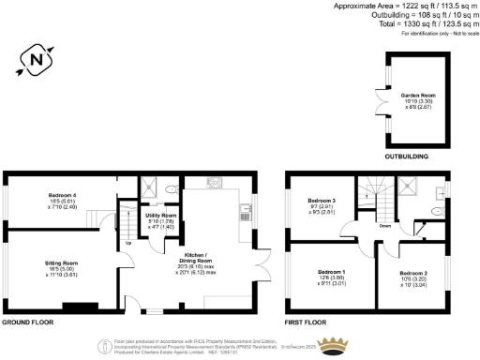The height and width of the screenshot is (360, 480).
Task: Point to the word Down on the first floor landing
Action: coord(384,226)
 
